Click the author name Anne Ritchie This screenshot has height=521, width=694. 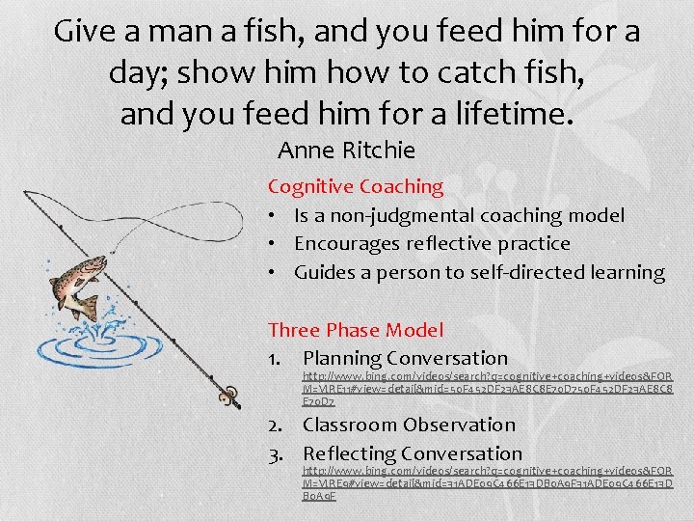click(x=346, y=151)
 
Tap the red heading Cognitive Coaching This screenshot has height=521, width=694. click(x=355, y=186)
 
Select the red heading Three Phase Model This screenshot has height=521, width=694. click(x=355, y=330)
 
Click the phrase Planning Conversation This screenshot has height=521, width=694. click(x=405, y=359)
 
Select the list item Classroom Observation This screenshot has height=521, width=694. click(x=409, y=425)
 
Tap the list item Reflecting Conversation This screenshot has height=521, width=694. click(x=412, y=453)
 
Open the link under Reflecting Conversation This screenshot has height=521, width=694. click(x=487, y=481)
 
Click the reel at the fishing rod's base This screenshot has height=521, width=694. click(x=228, y=395)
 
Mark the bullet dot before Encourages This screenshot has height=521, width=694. click(x=275, y=244)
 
